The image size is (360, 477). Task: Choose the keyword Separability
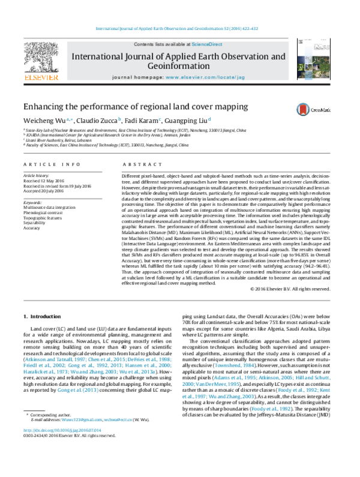click(36, 224)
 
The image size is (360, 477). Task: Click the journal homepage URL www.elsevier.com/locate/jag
click(196, 79)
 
